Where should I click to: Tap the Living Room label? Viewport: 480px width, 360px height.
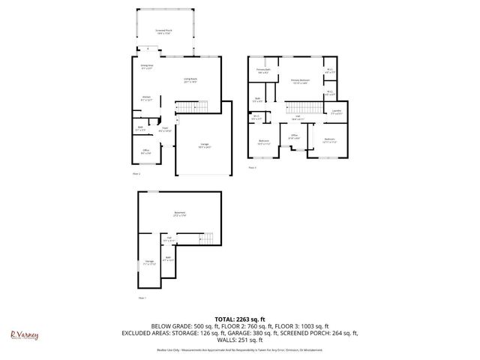click(190, 80)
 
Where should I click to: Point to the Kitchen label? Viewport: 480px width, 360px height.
click(148, 97)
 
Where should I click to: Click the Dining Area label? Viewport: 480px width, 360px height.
click(147, 66)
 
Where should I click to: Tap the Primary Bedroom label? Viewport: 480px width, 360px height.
click(300, 80)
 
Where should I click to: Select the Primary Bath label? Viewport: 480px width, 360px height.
click(263, 71)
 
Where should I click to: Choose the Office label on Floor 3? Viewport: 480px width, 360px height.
click(295, 136)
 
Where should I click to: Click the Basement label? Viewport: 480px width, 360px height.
click(180, 214)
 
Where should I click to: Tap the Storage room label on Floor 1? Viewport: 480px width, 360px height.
click(148, 263)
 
